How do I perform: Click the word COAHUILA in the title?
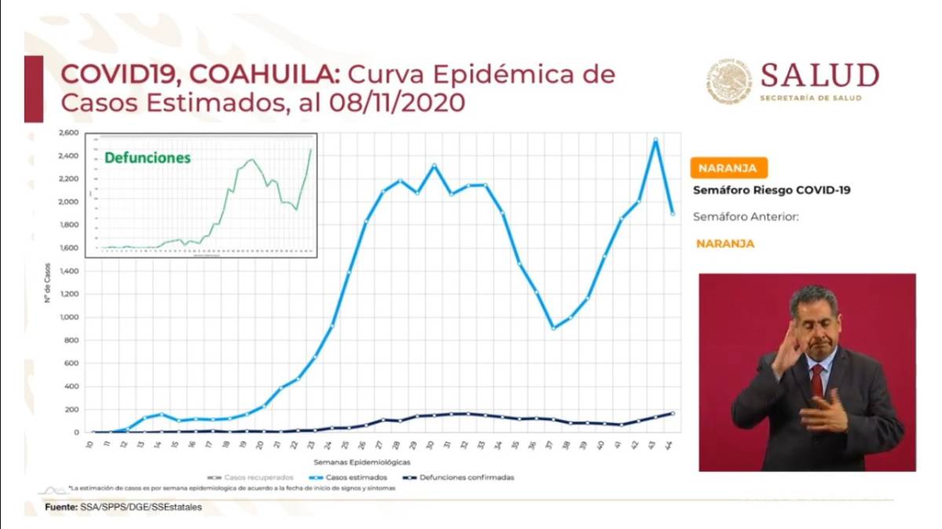[x=263, y=75]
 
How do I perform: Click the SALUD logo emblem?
[x=728, y=82]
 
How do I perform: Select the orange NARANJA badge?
[x=728, y=168]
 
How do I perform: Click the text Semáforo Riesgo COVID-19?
[x=771, y=190]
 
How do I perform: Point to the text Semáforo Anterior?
[x=745, y=217]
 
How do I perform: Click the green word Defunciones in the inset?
[x=148, y=158]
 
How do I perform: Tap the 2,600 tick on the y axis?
[x=68, y=133]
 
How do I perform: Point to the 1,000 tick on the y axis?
[x=69, y=317]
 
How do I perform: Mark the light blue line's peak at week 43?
[x=655, y=140]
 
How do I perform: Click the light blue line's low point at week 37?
[x=553, y=328]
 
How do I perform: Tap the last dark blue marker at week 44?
[x=673, y=414]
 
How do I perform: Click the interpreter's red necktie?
[x=817, y=380]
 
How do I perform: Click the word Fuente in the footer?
[x=61, y=508]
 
